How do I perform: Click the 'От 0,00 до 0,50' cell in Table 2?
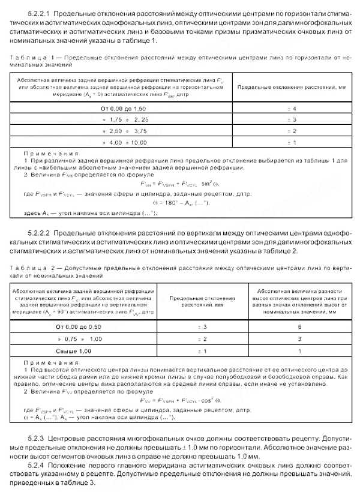83,326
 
